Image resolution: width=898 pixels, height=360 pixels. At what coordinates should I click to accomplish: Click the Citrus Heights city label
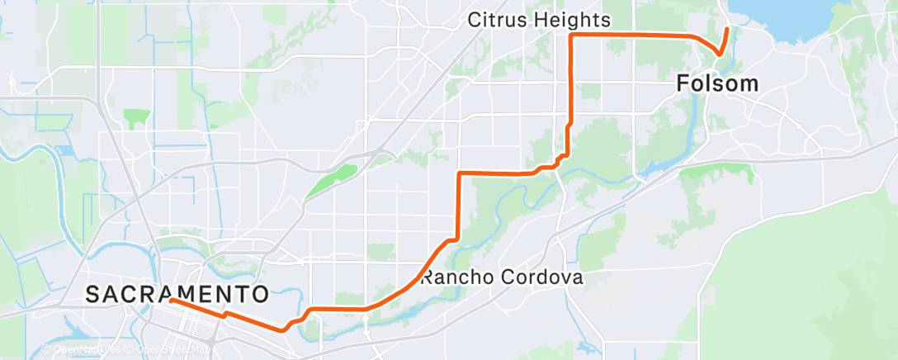click(x=540, y=19)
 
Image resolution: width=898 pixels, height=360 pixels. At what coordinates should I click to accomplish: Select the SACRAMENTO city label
click(x=177, y=293)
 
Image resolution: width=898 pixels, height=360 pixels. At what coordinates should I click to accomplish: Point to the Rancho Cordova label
click(x=503, y=277)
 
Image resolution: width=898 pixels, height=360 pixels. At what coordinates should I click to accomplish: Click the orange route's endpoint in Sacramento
click(x=171, y=301)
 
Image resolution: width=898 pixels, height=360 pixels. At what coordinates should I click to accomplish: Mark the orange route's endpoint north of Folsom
click(x=727, y=30)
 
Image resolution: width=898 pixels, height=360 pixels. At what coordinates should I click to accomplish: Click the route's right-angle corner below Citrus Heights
click(x=571, y=36)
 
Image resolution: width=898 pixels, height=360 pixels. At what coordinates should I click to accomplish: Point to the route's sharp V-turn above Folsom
click(x=720, y=55)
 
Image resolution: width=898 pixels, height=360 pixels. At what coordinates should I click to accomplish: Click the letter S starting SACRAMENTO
click(x=92, y=293)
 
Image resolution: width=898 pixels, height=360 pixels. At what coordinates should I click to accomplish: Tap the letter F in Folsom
click(x=683, y=83)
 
